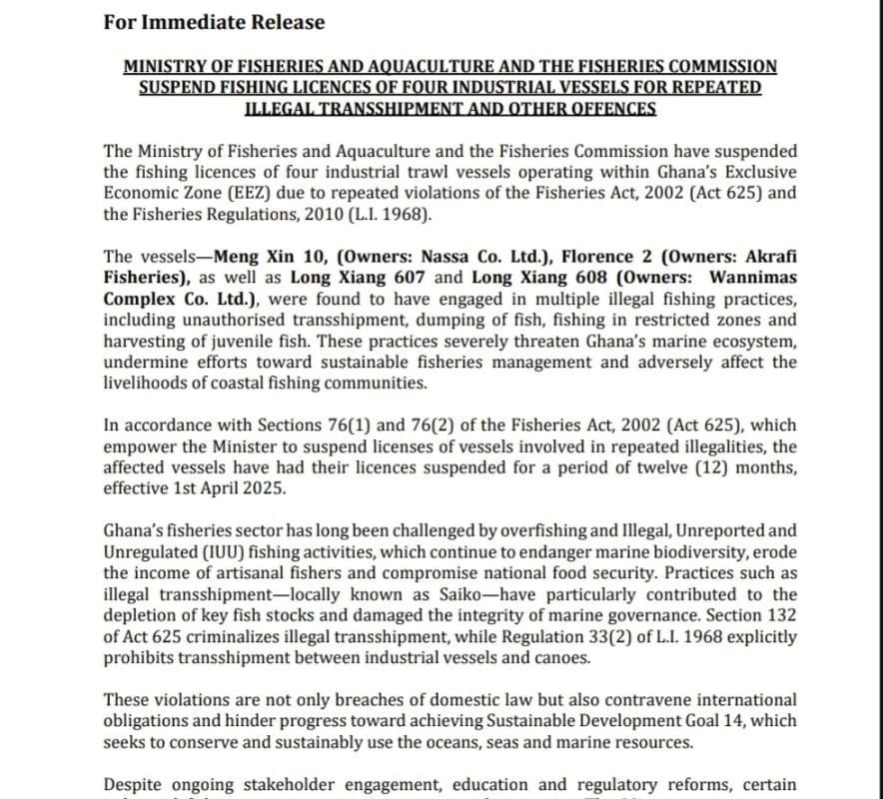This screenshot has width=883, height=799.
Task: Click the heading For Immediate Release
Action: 214,21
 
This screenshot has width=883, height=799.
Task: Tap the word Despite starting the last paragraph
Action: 134,784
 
